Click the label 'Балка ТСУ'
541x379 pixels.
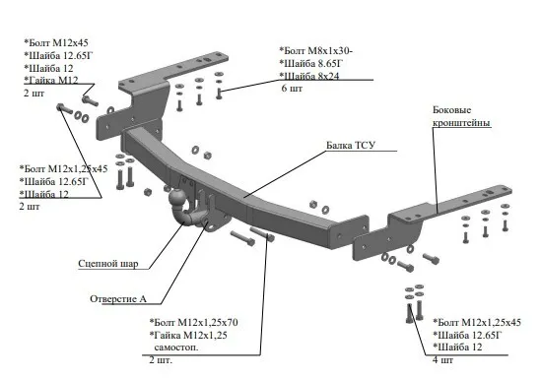tap(351, 145)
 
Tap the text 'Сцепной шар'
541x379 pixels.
tap(108, 264)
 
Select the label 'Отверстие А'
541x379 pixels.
tap(118, 298)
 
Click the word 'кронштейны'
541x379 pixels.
tap(461, 123)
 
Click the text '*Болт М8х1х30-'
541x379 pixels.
tap(316, 51)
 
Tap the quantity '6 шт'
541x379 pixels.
tap(292, 89)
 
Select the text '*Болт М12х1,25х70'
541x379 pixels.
tap(193, 323)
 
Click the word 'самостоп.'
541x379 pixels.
tap(176, 347)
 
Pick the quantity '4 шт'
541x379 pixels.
tap(443, 360)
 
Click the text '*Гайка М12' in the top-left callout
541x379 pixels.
tap(51, 80)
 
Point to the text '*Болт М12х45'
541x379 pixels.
tap(56, 42)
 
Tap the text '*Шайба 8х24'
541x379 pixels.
tap(309, 76)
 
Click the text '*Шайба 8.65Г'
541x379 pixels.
tap(311, 63)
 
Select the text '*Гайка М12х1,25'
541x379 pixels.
tap(188, 335)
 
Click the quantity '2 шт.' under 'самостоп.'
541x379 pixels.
tap(161, 360)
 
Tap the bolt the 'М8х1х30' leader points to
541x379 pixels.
tap(219, 94)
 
